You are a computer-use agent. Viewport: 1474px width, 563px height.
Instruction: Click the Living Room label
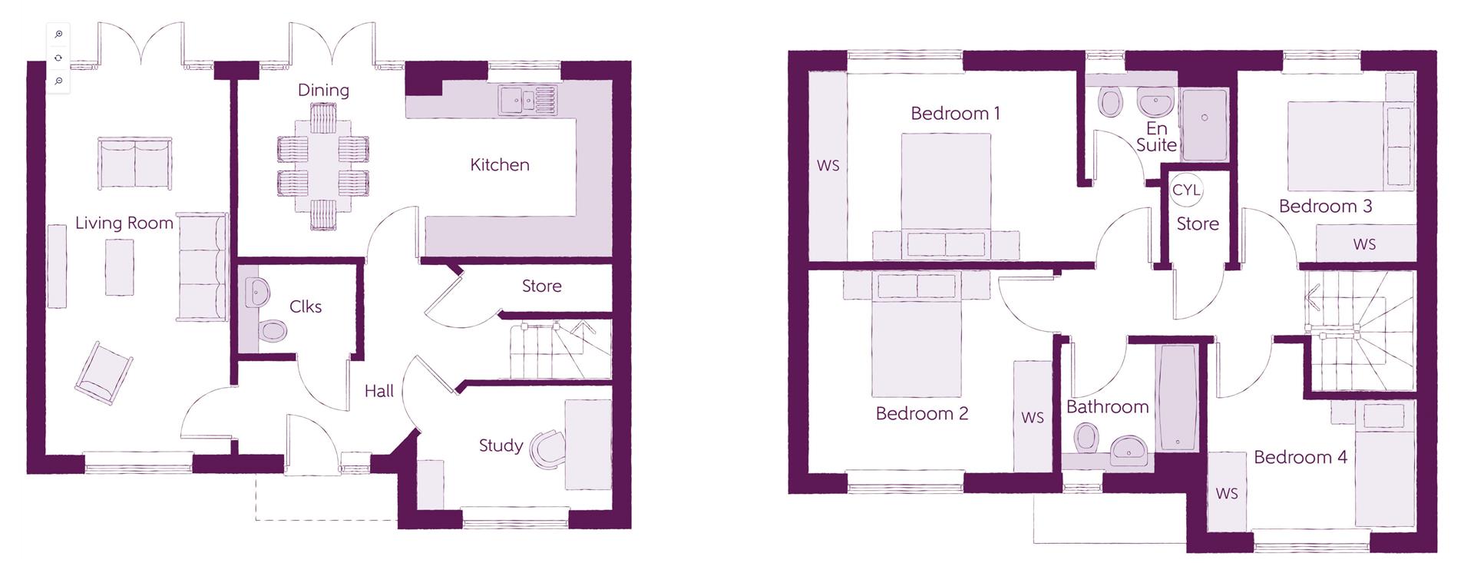tap(124, 224)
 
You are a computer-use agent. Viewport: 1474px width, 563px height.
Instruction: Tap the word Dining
tap(323, 91)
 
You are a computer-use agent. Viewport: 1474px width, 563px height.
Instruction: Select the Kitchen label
tap(500, 165)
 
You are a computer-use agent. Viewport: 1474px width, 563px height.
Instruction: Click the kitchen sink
tap(526, 99)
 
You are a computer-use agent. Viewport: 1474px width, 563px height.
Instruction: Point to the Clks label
tap(306, 307)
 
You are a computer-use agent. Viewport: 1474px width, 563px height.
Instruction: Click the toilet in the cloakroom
tap(272, 331)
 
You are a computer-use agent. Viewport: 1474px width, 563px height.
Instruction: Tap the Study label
tap(501, 445)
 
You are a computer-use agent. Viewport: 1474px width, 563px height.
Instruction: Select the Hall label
tap(378, 392)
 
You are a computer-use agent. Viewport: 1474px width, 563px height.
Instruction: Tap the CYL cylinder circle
tap(1186, 190)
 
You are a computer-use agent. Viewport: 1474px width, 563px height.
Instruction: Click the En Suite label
tap(1156, 137)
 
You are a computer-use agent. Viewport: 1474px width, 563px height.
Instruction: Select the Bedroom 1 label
tap(955, 114)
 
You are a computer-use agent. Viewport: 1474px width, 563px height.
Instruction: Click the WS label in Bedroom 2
tap(1033, 418)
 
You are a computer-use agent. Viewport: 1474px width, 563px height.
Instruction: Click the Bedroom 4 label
tap(1300, 458)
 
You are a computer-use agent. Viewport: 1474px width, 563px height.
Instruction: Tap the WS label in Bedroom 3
tap(1364, 245)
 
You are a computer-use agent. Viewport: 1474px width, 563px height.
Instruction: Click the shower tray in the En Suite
tap(1204, 124)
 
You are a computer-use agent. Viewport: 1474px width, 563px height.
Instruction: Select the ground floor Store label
tap(541, 286)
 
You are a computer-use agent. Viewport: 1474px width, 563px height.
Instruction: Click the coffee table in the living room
tap(119, 267)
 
